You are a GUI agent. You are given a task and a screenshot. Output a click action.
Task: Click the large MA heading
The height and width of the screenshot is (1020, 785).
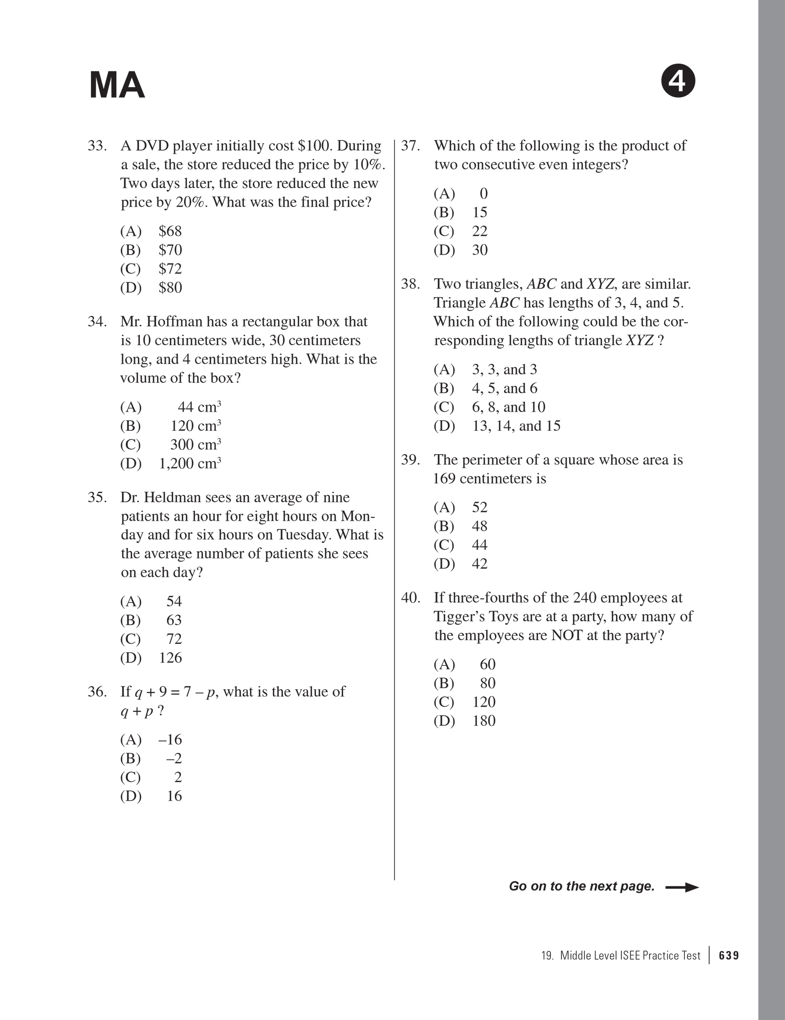(x=117, y=85)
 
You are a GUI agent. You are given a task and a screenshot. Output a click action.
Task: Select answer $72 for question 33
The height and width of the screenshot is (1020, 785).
(x=170, y=269)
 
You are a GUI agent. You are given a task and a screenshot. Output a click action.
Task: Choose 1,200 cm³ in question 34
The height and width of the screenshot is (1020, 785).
(x=190, y=463)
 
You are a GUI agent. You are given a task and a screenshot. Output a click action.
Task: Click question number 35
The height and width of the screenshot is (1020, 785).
(x=97, y=497)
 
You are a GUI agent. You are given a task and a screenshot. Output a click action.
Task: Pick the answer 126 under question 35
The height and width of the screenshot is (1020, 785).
(x=170, y=657)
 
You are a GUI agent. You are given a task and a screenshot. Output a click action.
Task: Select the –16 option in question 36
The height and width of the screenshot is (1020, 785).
(x=170, y=740)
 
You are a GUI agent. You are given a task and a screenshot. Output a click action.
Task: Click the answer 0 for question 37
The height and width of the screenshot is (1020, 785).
(x=483, y=193)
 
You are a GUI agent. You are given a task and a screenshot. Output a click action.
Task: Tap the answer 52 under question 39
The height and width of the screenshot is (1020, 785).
(x=479, y=507)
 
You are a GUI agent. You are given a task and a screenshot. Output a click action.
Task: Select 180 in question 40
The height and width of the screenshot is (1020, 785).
(x=483, y=720)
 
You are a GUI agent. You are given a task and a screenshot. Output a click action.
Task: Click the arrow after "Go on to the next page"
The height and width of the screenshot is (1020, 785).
(x=682, y=887)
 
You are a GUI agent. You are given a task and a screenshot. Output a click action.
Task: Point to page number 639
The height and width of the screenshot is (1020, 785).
(x=729, y=956)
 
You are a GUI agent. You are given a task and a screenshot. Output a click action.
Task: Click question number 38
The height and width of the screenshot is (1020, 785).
(x=410, y=284)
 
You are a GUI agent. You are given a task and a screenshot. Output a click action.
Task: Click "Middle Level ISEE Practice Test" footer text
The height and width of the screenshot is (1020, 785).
(x=630, y=956)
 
